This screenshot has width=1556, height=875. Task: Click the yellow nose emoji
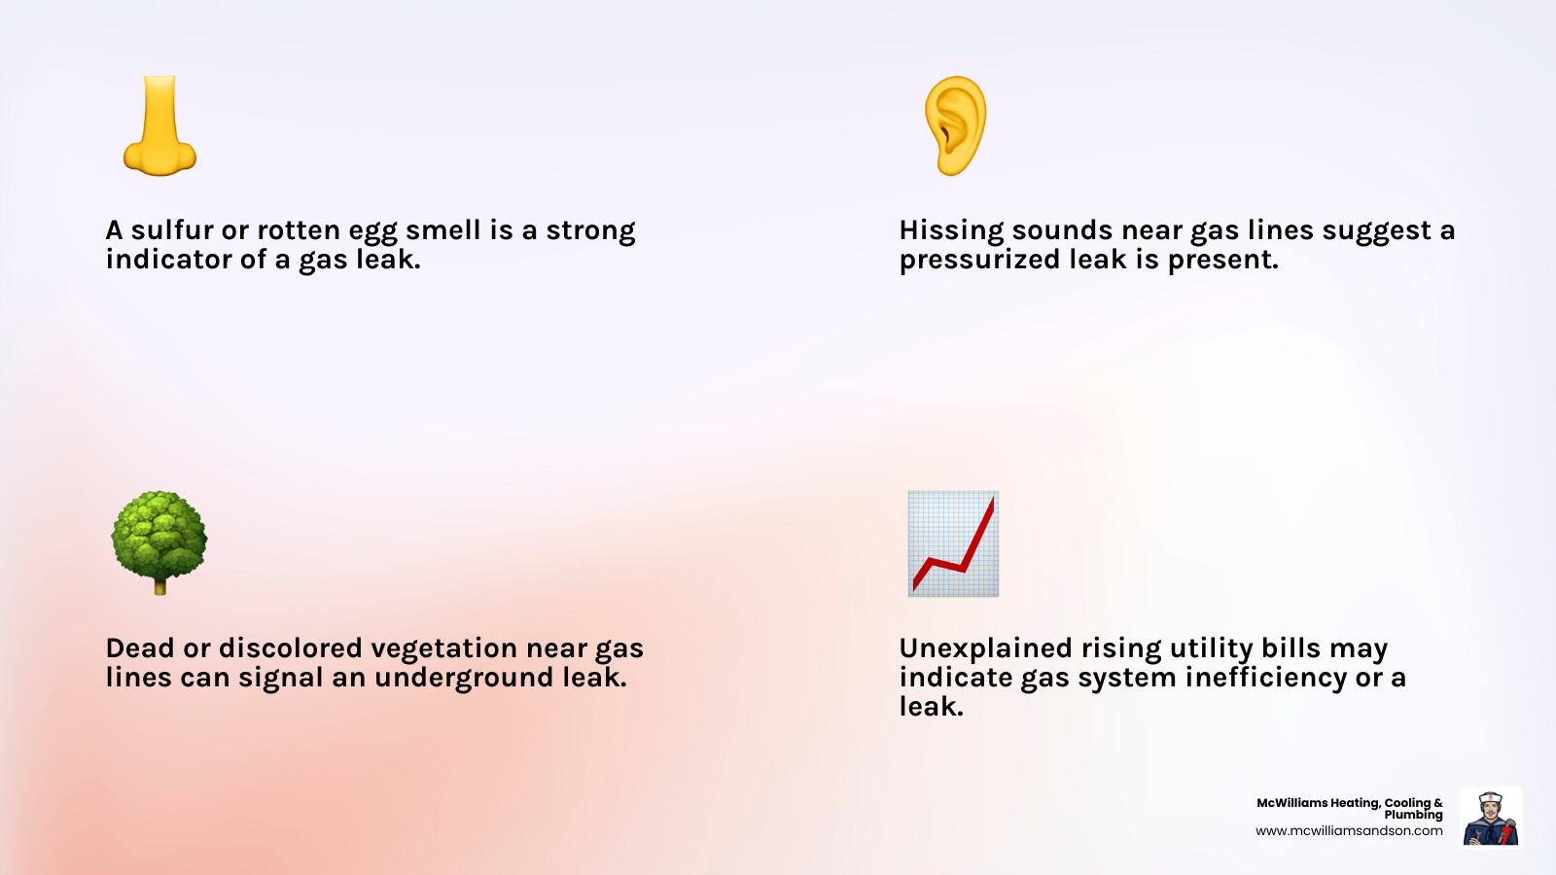click(x=159, y=125)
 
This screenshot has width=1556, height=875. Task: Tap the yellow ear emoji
click(x=955, y=125)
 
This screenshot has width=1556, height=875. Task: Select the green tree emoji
click(x=159, y=542)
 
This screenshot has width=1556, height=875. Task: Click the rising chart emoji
click(x=953, y=543)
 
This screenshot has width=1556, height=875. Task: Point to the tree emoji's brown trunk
click(x=159, y=587)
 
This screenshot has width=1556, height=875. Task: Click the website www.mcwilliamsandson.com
click(x=1349, y=830)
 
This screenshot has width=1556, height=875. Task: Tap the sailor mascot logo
click(x=1491, y=818)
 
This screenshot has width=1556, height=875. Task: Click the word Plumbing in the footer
click(x=1414, y=815)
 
